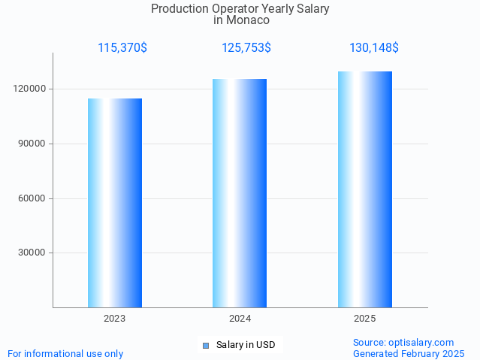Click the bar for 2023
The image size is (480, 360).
[115, 203]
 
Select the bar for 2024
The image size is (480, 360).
[240, 193]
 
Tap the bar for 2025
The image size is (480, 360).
[365, 189]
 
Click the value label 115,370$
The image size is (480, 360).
[122, 48]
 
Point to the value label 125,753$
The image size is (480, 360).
[246, 48]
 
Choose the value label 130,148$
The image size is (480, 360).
[374, 48]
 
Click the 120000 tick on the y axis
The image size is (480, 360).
[31, 89]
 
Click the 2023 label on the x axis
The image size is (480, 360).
[115, 319]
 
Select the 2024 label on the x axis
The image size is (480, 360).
[240, 319]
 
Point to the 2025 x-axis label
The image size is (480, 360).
[365, 319]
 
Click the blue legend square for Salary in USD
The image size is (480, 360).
[206, 346]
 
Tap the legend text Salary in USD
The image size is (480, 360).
[246, 346]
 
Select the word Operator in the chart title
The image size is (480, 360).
[233, 9]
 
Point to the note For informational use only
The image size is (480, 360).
[65, 353]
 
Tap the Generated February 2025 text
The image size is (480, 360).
[409, 353]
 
